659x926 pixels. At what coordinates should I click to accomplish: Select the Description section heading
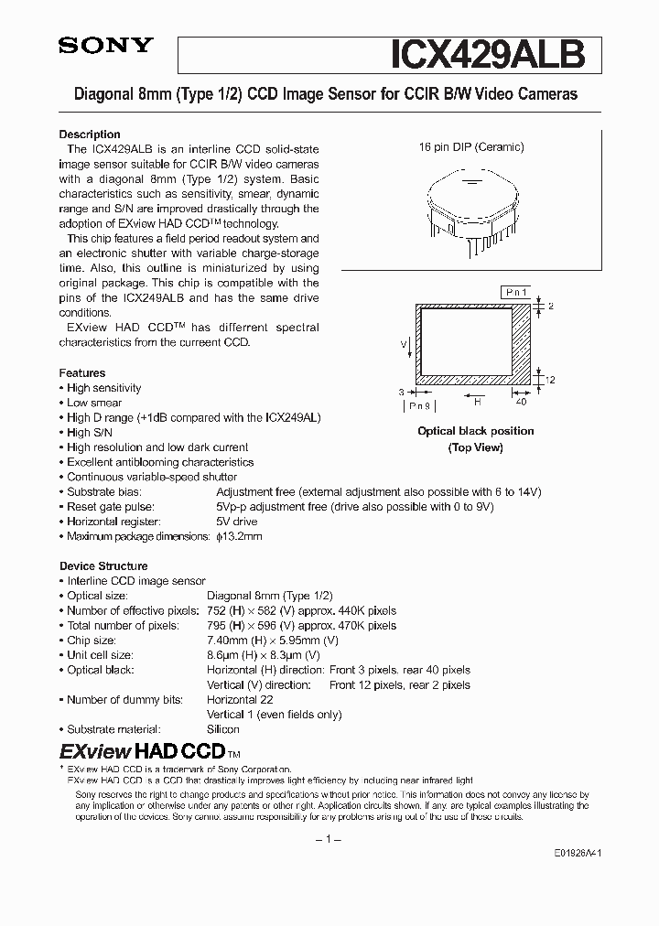[90, 135]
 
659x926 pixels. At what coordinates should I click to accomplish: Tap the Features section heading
[82, 373]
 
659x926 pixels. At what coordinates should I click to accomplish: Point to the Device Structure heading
[103, 566]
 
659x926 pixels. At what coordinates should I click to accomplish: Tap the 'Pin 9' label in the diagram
[420, 404]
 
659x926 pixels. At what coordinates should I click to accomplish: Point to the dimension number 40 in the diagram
[521, 401]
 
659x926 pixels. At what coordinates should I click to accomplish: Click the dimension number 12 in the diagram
[549, 380]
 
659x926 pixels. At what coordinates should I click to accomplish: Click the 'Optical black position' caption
[475, 431]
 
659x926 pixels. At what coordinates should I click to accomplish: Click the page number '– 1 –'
[329, 839]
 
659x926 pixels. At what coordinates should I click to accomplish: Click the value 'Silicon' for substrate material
[223, 729]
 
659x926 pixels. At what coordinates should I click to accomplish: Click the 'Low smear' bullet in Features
[94, 403]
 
